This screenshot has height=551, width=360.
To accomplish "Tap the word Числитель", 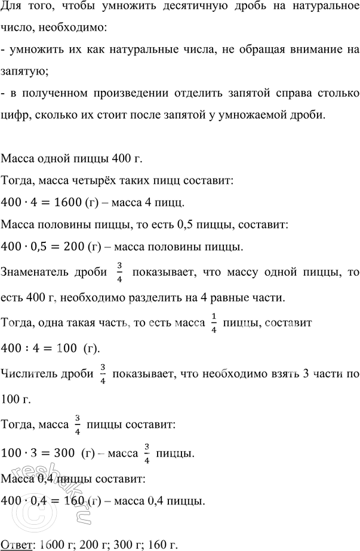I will coord(29,374).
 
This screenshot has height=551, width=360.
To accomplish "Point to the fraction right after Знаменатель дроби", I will coord(119,273).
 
